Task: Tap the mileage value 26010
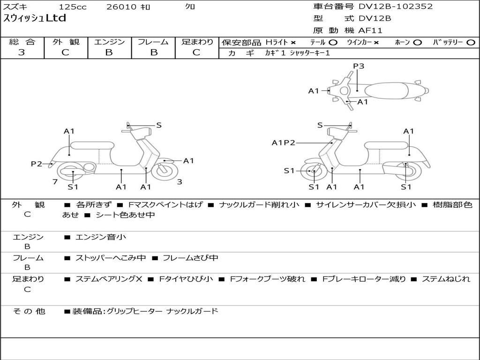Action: [x=121, y=7]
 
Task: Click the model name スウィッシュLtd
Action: [x=35, y=19]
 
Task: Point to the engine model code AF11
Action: [x=370, y=31]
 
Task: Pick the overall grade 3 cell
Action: [x=22, y=52]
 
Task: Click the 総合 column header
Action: [x=22, y=42]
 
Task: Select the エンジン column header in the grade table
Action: [x=109, y=42]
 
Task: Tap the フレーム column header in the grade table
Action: [x=153, y=42]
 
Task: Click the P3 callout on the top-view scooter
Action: [x=359, y=66]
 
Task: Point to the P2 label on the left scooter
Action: [x=37, y=164]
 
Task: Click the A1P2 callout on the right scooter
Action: [x=283, y=143]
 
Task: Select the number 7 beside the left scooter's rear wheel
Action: [x=55, y=182]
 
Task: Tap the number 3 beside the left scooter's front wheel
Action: [x=180, y=182]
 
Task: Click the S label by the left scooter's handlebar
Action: [x=159, y=125]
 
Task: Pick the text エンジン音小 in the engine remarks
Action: [x=101, y=237]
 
